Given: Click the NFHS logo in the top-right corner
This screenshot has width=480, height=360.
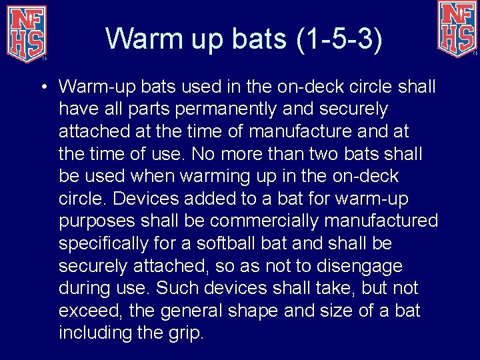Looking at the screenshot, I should pos(457,28).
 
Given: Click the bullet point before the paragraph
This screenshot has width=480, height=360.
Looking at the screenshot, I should pos(42,87).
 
